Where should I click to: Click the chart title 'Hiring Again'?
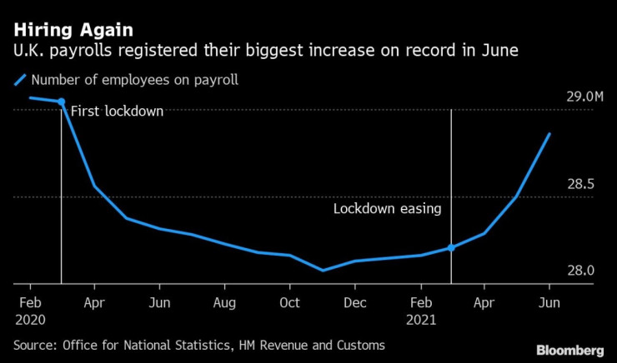pyautogui.click(x=72, y=30)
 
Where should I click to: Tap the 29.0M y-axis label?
pyautogui.click(x=584, y=97)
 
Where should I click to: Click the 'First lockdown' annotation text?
pyautogui.click(x=117, y=111)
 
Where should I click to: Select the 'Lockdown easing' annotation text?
pyautogui.click(x=387, y=209)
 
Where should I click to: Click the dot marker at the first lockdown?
pyautogui.click(x=62, y=102)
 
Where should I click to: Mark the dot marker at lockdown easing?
pyautogui.click(x=451, y=247)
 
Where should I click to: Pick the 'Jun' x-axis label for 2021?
pyautogui.click(x=549, y=301)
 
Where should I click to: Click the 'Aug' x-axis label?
pyautogui.click(x=224, y=301)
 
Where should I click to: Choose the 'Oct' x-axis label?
pyautogui.click(x=289, y=301)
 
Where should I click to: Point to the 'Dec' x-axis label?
pyautogui.click(x=354, y=301)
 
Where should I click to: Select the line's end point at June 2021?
pyautogui.click(x=549, y=133)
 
